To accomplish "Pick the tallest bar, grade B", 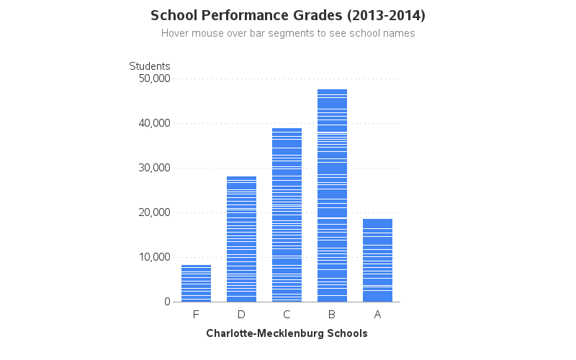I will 332,195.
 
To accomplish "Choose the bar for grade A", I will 377,260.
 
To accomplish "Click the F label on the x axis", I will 196,315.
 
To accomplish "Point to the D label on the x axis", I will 241,315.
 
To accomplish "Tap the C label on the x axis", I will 287,315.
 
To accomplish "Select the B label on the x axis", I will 332,315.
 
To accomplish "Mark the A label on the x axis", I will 377,315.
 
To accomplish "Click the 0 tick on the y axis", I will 166,302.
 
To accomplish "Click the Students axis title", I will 150,66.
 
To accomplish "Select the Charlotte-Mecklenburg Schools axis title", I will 287,333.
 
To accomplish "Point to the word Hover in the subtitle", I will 175,33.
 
